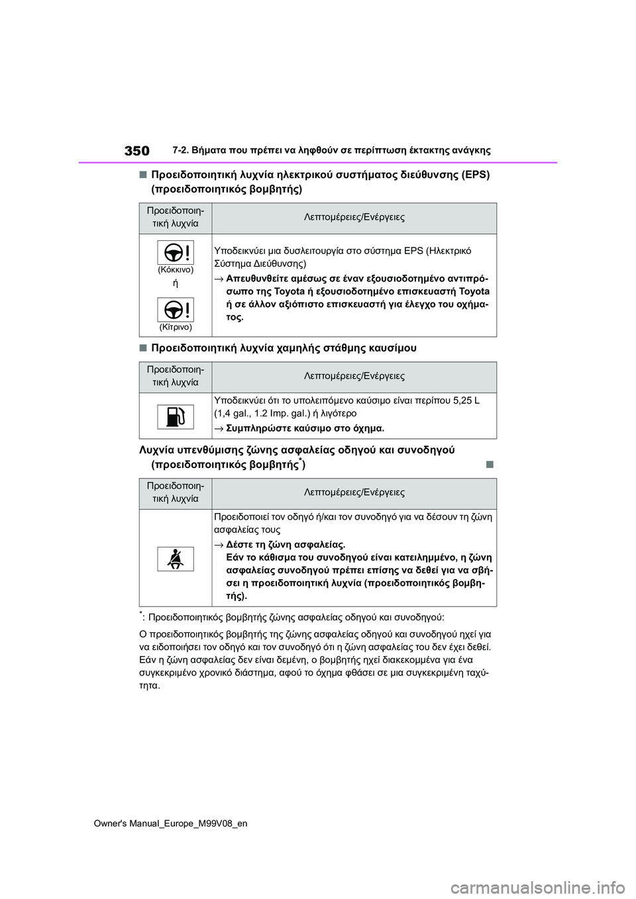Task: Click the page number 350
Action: tap(136, 151)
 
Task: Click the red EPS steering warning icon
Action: tap(176, 252)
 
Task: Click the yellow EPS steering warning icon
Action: tap(176, 310)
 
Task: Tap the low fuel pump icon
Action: tap(176, 417)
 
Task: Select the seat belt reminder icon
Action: tap(176, 559)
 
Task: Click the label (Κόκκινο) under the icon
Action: tap(176, 270)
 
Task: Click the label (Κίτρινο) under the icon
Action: tap(176, 327)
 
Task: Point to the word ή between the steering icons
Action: tap(176, 283)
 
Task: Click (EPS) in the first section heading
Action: tap(474, 175)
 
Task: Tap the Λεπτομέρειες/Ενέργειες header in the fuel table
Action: tap(354, 376)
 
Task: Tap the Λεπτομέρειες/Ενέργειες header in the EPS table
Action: tap(354, 217)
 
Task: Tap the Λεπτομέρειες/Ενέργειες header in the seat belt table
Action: tap(354, 493)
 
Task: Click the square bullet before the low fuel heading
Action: tap(142, 348)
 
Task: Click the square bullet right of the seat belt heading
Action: tap(490, 464)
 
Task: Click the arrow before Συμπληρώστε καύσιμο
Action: tap(219, 428)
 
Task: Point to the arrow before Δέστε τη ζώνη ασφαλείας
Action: tap(219, 545)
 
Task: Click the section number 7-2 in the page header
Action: tap(180, 150)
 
